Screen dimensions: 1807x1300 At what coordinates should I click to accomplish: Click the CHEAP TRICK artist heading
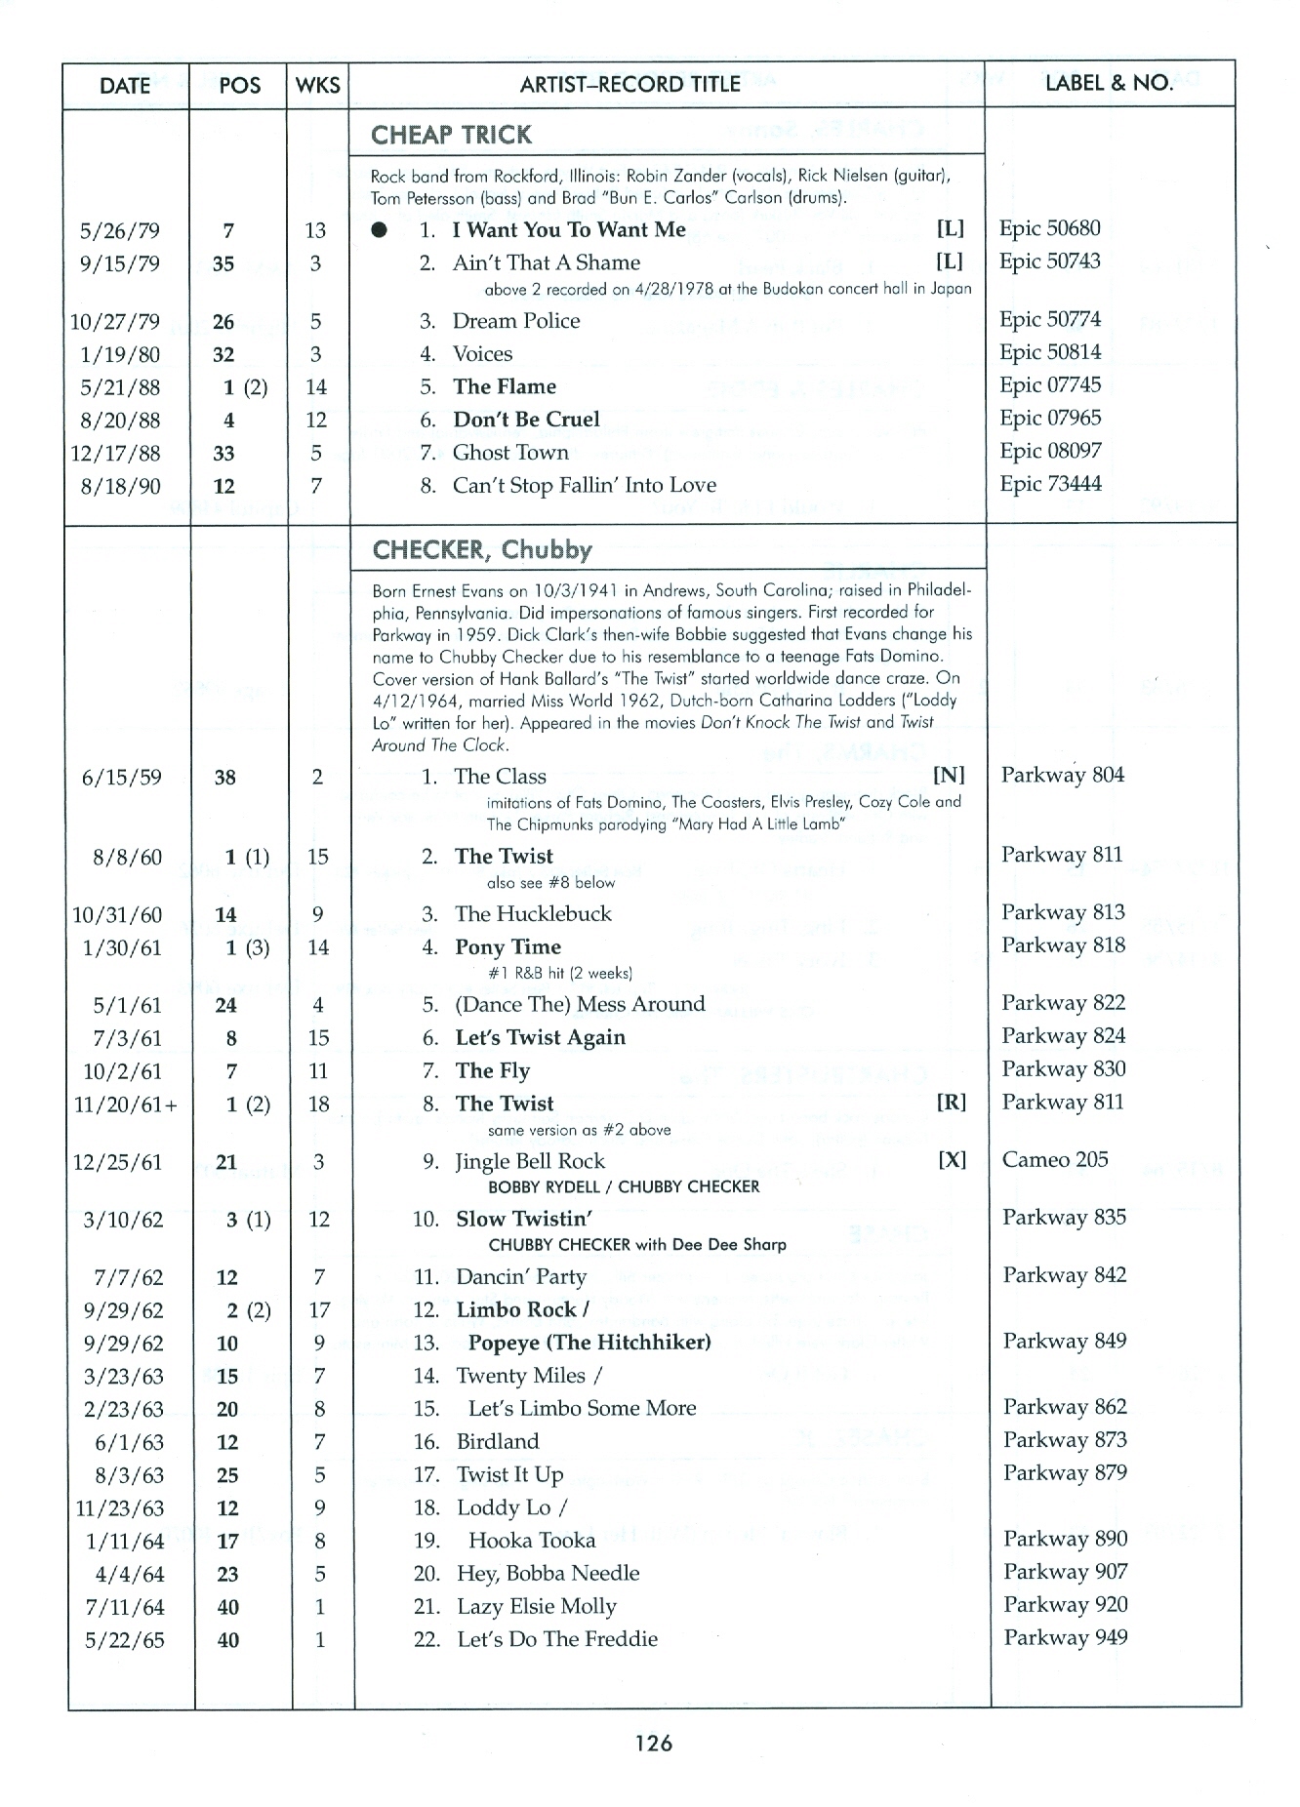pos(451,135)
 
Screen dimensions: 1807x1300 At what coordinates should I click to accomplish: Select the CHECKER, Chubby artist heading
pos(482,549)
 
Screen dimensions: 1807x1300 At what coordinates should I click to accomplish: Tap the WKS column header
pos(317,85)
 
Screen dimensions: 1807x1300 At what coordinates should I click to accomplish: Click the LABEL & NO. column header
pos(1109,83)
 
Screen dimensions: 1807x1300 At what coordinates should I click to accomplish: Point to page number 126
pos(653,1743)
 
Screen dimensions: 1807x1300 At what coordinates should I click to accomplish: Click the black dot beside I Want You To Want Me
pos(380,230)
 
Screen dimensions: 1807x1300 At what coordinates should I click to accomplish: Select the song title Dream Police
pos(516,321)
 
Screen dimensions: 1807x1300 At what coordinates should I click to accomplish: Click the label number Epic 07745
pos(1049,385)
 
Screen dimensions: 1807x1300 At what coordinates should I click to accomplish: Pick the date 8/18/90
pos(121,486)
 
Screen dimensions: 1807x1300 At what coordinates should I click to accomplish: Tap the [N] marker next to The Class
pos(949,775)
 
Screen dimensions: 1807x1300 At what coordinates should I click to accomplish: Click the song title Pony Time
pos(508,946)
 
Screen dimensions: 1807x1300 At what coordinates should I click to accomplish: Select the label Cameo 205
pos(1055,1159)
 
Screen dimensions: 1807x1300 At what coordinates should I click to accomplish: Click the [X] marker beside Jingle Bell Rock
pos(952,1159)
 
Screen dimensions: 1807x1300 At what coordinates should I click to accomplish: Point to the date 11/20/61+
pos(126,1104)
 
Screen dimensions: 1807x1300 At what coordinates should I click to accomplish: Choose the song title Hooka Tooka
pos(532,1540)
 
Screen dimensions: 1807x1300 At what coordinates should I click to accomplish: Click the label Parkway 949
pos(1065,1637)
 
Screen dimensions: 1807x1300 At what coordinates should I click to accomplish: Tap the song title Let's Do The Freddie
pos(557,1639)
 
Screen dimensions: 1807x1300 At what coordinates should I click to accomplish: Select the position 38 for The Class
pos(224,778)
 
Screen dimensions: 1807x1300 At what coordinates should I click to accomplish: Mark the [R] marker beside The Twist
pos(951,1103)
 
